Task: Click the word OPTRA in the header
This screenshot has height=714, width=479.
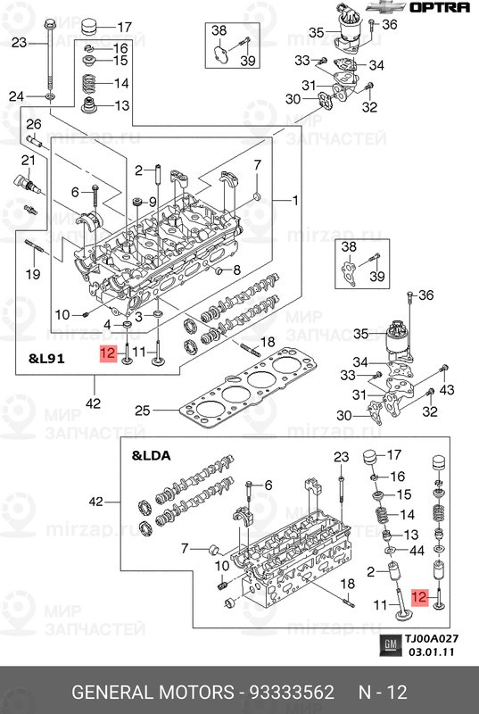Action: point(440,7)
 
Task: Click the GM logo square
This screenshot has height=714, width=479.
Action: point(390,644)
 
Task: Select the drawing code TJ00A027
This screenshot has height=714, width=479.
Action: point(432,639)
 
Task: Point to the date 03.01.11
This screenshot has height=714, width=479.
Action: point(431,652)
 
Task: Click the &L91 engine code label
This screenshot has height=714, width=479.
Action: point(46,359)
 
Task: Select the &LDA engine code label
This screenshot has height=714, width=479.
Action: point(151,455)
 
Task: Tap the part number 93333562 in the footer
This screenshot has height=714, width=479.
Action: point(291,693)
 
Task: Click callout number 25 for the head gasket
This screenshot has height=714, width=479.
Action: point(143,411)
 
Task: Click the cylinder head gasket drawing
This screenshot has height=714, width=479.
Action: point(248,387)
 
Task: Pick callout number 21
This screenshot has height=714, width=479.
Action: point(29,161)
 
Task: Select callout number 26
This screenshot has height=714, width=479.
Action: point(34,124)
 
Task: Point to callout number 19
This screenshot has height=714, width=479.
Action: point(33,274)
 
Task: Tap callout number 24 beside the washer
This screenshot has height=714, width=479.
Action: point(16,96)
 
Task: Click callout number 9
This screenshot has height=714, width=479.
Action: point(152,201)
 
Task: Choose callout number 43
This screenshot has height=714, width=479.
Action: point(447,390)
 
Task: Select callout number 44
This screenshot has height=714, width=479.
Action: point(417,551)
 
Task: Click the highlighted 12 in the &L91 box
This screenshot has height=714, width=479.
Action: point(109,353)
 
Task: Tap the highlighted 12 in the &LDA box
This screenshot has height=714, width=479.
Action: point(420,597)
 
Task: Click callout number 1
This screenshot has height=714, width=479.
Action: point(295,200)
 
